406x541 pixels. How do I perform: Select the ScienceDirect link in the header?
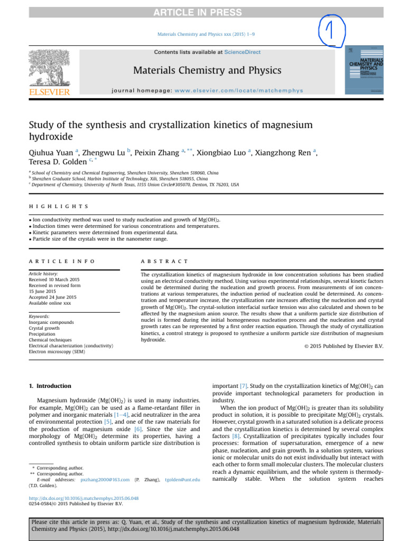[x=242, y=52]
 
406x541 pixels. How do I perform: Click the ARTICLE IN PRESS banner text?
[x=203, y=12]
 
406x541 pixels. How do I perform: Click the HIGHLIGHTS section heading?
[x=59, y=207]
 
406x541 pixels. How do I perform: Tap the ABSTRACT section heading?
[x=164, y=262]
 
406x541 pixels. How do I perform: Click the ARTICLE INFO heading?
[x=62, y=262]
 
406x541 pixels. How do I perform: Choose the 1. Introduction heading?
[x=50, y=386]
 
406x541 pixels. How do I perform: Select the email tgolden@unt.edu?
[x=182, y=479]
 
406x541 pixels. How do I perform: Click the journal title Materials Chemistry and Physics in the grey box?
[x=207, y=70]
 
